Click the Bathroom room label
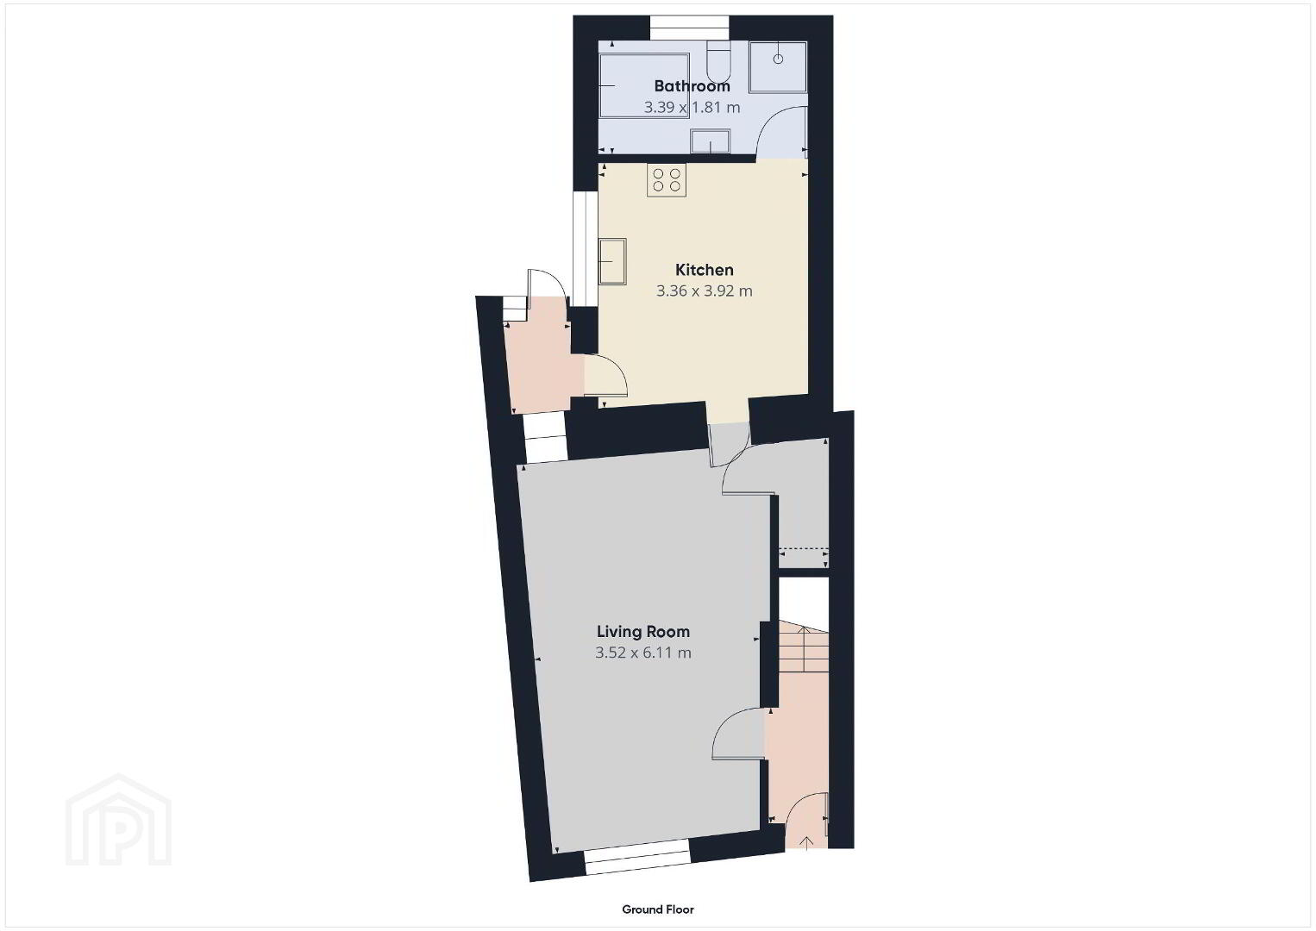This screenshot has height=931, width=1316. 692,85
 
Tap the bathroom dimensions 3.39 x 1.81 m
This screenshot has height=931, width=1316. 692,108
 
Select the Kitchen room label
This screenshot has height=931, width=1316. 704,270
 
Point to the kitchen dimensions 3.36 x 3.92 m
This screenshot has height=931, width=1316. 704,291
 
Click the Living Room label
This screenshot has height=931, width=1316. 642,631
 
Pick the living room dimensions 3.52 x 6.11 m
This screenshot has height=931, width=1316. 642,653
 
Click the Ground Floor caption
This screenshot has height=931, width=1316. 658,909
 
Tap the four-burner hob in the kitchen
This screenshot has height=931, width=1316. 667,180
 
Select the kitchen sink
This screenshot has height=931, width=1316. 612,261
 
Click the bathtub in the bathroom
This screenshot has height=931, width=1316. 644,85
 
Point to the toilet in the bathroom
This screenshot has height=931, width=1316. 718,62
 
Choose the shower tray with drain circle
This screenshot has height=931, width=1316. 778,66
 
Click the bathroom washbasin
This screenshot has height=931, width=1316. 711,141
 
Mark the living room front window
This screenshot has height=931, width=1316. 637,861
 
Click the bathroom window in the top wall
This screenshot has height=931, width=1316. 689,28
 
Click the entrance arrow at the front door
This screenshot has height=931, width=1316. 806,843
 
